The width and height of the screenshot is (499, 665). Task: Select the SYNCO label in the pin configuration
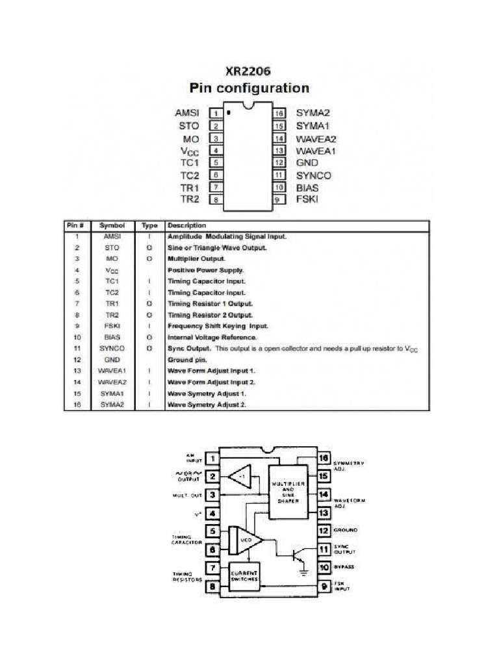coord(313,175)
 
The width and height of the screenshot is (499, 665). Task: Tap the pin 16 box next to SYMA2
coord(279,113)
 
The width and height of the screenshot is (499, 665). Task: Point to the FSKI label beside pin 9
coord(307,199)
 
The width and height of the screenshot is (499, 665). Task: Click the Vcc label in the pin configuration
coord(189,150)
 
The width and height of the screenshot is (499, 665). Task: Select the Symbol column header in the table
coord(112,225)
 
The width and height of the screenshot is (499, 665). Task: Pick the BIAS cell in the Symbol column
coord(112,337)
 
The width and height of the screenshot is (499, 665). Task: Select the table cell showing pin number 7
coord(77,303)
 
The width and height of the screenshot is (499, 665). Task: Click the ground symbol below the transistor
coord(303,571)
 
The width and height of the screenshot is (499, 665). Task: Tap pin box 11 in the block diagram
coord(323,549)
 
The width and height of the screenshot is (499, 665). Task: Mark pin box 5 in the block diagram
coord(212,531)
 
